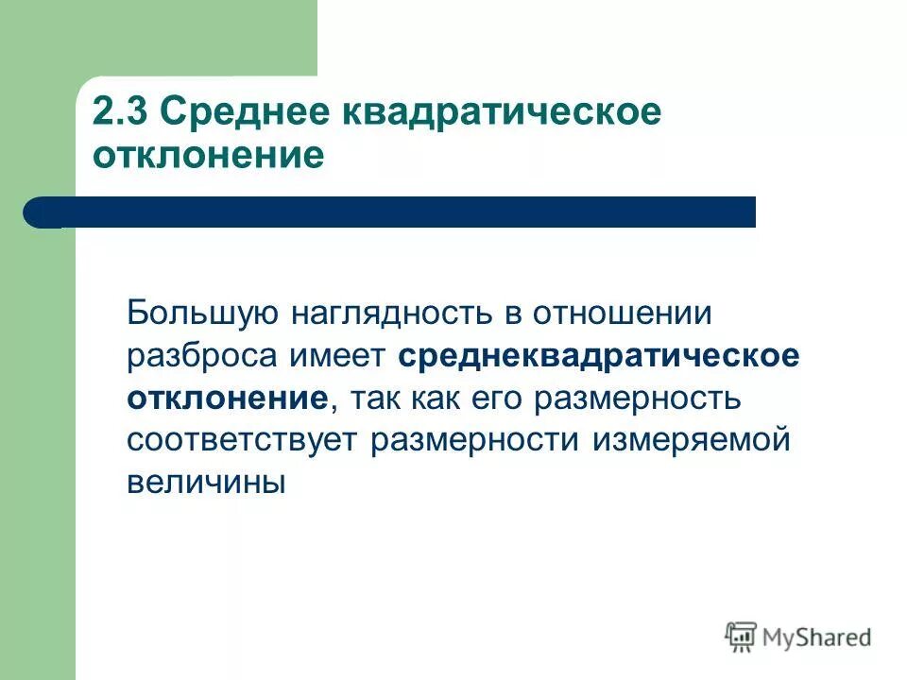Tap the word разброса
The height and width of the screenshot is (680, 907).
tap(201, 355)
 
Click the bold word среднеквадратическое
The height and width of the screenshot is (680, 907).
tap(599, 355)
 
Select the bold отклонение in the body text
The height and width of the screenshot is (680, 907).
tap(227, 398)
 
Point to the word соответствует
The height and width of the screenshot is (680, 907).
tap(243, 440)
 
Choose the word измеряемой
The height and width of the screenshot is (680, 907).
tap(691, 440)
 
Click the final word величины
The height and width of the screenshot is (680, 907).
tap(206, 483)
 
